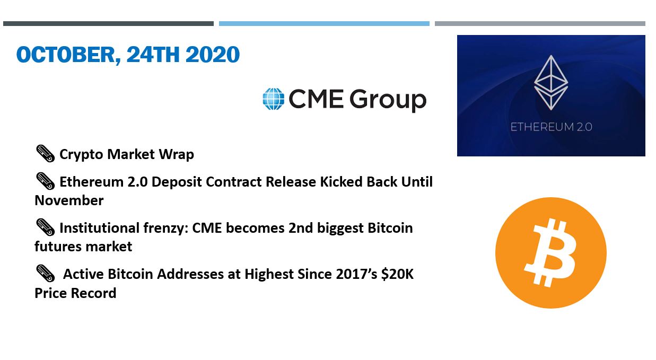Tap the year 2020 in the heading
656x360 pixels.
pos(212,55)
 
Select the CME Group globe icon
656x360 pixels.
pos(273,99)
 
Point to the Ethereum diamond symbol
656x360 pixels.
pos(551,83)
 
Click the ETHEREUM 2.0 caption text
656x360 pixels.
pos(551,127)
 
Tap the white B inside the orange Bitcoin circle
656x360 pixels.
pos(550,252)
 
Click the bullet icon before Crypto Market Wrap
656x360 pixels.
pos(45,153)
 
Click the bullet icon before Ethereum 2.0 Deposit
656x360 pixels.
pos(45,181)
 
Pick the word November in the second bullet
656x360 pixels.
pos(69,200)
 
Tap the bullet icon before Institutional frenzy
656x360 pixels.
pos(45,227)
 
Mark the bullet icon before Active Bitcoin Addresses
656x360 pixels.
pos(45,274)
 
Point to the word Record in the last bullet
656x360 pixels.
pos(94,293)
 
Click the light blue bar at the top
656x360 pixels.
pos(324,23)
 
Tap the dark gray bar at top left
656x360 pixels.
pos(108,23)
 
